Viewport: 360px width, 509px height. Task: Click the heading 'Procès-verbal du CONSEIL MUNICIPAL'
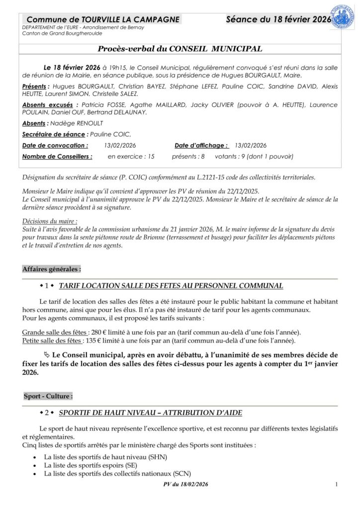[180, 49]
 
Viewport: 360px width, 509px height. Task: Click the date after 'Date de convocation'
[120, 145]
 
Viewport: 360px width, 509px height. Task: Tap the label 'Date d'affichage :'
[201, 145]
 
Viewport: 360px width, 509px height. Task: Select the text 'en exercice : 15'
[131, 156]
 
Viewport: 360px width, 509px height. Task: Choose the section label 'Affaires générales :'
[52, 269]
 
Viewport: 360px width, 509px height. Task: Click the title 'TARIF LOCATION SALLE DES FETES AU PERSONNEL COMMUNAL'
[171, 286]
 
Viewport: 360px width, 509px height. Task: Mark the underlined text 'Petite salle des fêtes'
[51, 340]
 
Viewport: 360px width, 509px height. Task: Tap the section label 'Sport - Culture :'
[48, 396]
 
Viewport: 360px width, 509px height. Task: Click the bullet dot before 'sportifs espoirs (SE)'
[34, 465]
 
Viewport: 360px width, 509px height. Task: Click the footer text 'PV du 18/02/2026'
[184, 485]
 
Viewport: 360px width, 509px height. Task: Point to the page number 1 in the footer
[337, 485]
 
